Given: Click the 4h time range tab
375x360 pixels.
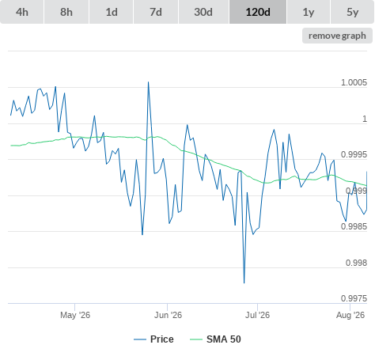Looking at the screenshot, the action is (x=22, y=12).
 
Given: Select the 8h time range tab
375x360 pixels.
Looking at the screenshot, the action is (x=66, y=12).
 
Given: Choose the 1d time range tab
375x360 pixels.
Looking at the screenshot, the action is (x=112, y=12).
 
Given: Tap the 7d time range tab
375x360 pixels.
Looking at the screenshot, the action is (x=156, y=12).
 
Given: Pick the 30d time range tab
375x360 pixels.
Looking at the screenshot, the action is (x=203, y=12).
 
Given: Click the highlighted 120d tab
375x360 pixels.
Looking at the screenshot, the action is (x=258, y=12).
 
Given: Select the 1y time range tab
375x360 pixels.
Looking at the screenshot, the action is (x=309, y=12).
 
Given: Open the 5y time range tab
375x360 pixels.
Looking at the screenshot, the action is (x=353, y=12).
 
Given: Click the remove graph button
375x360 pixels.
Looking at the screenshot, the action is (x=337, y=36).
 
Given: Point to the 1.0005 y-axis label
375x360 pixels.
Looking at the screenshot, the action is (x=354, y=82).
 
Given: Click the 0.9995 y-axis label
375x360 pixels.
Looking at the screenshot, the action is (x=354, y=154).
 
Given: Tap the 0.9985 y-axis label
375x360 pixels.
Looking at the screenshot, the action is (x=354, y=226).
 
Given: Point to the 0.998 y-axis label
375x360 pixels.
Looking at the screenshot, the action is (x=356, y=263).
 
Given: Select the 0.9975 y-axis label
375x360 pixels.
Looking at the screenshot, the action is (x=354, y=298).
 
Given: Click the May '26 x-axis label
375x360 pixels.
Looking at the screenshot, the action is (x=75, y=315).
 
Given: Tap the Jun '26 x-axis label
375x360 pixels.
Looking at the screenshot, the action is (x=168, y=315).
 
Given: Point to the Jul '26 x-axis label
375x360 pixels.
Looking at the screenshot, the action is (x=258, y=315).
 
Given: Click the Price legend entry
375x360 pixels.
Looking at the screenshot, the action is (x=153, y=339).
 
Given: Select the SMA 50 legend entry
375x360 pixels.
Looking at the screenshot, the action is (x=215, y=339).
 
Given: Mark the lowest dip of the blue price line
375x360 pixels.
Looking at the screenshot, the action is (x=244, y=283).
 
